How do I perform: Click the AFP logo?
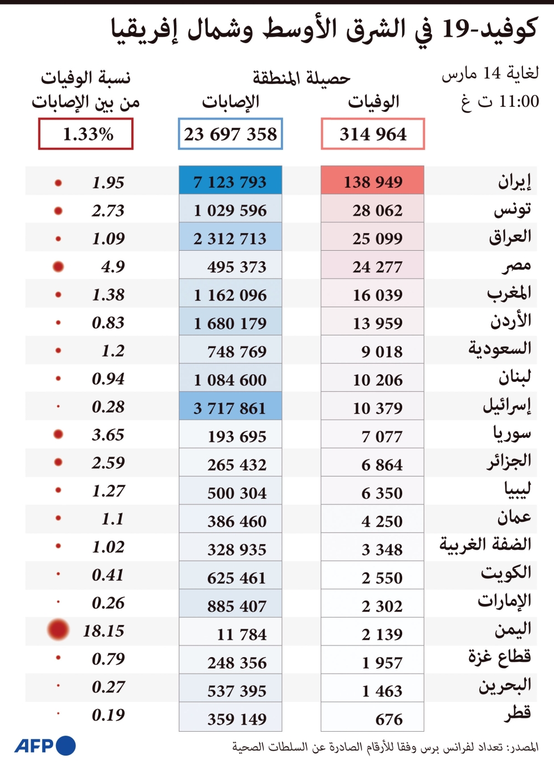[x=45, y=746]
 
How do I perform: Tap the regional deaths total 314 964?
[x=372, y=134]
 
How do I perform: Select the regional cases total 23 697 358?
[x=230, y=134]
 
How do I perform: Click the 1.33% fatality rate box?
[x=85, y=134]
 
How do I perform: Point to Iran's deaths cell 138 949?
[x=372, y=180]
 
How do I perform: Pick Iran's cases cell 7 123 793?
[x=230, y=180]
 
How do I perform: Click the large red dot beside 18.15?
[x=58, y=629]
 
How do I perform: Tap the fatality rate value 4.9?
[x=113, y=267]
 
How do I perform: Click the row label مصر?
[x=516, y=265]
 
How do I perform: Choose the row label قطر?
[x=518, y=714]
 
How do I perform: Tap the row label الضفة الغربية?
[x=485, y=544]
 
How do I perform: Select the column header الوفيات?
[x=373, y=101]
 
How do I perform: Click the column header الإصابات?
[x=230, y=101]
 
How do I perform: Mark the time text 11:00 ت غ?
[x=500, y=101]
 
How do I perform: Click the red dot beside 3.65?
[x=58, y=434]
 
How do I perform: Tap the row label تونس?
[x=512, y=209]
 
